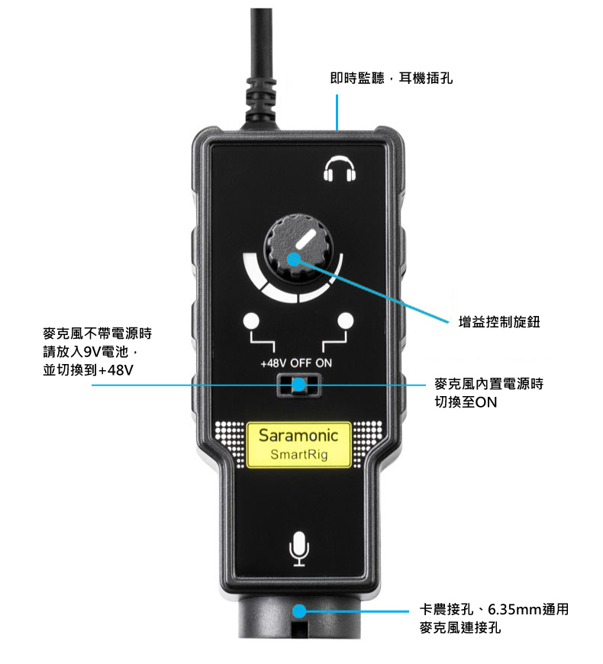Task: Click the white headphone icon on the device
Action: pyautogui.click(x=340, y=170)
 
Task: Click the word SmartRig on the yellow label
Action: pyautogui.click(x=299, y=456)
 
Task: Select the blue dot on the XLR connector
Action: pyautogui.click(x=300, y=611)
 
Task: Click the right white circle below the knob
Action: pyautogui.click(x=347, y=321)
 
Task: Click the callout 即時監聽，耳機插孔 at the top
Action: pyautogui.click(x=391, y=78)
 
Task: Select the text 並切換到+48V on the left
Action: pyautogui.click(x=89, y=370)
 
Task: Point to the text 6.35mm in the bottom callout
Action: pyautogui.click(x=515, y=610)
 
